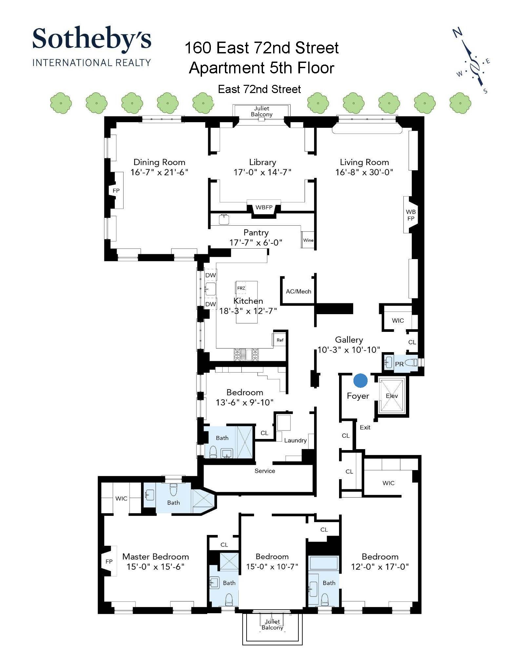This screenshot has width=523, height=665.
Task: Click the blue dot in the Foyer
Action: click(360, 380)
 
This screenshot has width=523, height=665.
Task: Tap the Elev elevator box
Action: click(392, 396)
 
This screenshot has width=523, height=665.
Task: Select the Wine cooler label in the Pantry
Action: click(308, 240)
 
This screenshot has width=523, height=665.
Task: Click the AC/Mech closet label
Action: click(298, 291)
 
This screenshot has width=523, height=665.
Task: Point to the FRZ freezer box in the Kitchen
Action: click(241, 288)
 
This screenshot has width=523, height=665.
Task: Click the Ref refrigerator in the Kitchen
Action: click(280, 340)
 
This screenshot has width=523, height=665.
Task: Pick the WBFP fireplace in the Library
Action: click(264, 207)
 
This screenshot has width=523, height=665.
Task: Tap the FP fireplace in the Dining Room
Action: click(116, 190)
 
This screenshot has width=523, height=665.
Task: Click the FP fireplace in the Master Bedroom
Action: click(109, 561)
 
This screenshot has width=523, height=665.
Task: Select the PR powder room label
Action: click(399, 364)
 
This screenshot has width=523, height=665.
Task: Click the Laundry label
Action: click(295, 440)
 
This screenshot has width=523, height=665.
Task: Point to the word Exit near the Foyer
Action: click(365, 427)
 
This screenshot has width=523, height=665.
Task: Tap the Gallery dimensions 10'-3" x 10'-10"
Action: click(349, 350)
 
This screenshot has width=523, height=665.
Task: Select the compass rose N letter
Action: click(457, 32)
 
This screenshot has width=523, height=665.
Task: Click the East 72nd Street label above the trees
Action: click(259, 89)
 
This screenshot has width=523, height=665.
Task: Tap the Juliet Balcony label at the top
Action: click(261, 111)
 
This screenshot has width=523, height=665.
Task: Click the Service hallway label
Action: click(265, 471)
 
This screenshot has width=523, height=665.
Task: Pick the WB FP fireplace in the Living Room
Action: click(411, 215)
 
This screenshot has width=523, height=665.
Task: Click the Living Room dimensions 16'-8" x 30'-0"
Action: click(364, 172)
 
